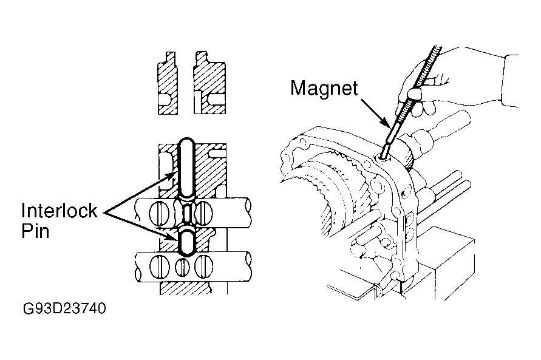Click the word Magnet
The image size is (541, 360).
click(x=324, y=89)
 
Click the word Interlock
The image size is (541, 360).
click(x=60, y=210)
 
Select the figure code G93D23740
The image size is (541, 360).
click(x=64, y=308)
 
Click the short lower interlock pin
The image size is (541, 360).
click(x=187, y=242)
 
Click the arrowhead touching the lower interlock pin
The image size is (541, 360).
click(x=173, y=237)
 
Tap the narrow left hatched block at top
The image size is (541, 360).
click(x=168, y=83)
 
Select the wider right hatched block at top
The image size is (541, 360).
click(x=209, y=83)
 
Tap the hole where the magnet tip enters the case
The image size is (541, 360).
click(x=383, y=157)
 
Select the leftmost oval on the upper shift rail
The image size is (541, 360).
click(x=158, y=212)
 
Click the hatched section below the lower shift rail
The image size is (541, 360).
click(x=185, y=288)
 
